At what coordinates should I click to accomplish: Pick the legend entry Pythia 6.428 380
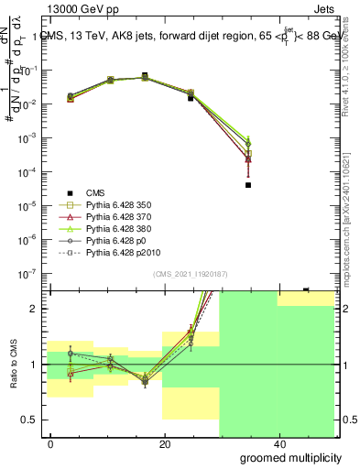(x=116, y=229)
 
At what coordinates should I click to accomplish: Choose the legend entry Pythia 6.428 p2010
(x=119, y=252)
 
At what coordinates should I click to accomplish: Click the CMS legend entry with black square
(x=96, y=193)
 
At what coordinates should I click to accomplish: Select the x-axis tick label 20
(x=164, y=444)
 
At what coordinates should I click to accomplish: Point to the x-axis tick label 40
(x=278, y=444)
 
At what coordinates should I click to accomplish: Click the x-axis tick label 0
(x=50, y=444)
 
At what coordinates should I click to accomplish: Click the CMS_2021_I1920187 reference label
(x=189, y=273)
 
